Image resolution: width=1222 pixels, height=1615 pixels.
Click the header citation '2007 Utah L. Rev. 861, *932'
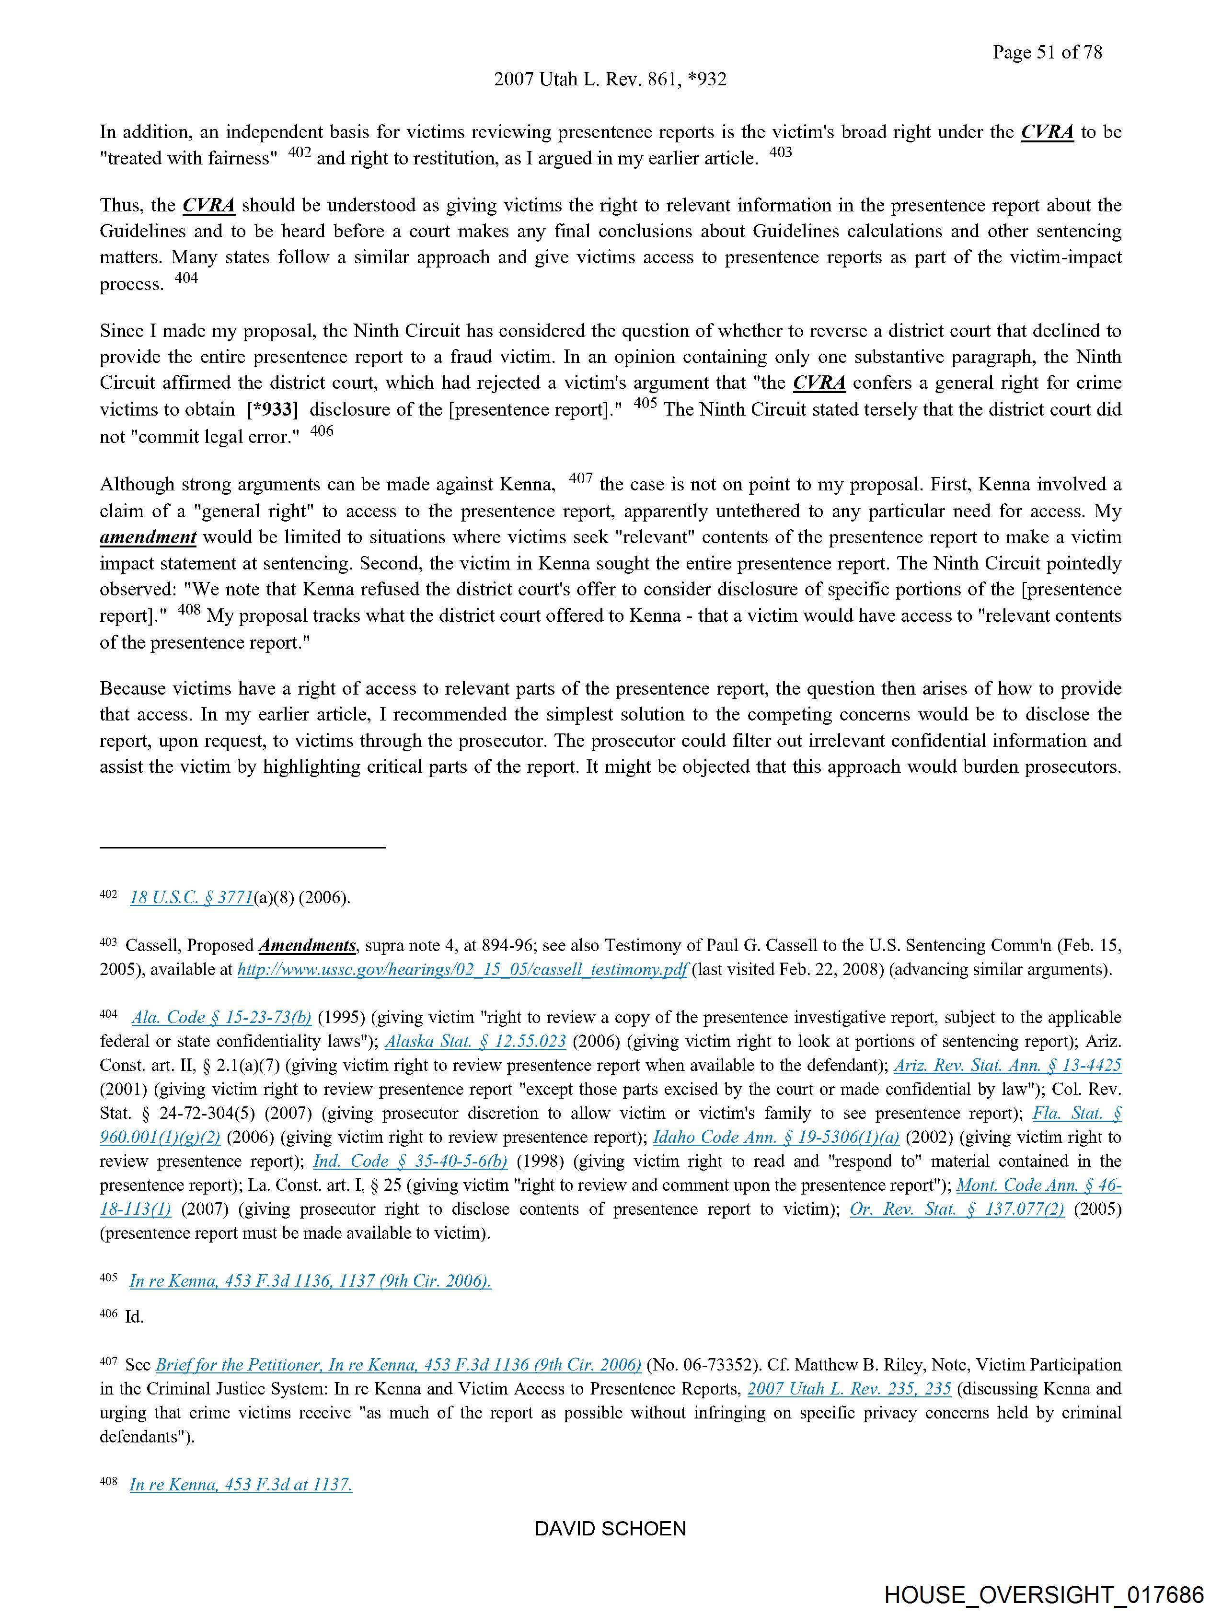click(610, 80)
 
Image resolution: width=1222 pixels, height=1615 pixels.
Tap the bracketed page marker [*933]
click(272, 409)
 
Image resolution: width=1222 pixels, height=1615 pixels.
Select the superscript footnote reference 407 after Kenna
click(580, 479)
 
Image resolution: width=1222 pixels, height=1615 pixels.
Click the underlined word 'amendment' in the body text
click(148, 537)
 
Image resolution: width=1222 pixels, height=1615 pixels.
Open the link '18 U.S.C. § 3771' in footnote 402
click(191, 898)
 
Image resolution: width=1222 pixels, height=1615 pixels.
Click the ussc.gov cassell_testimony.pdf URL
click(462, 970)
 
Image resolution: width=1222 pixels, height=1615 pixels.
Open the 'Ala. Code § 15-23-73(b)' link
click(222, 1018)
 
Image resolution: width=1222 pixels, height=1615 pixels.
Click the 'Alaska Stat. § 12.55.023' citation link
click(475, 1042)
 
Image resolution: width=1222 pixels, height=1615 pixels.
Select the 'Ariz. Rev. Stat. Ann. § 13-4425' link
click(1007, 1066)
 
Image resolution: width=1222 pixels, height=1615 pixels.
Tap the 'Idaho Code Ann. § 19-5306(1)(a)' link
click(775, 1138)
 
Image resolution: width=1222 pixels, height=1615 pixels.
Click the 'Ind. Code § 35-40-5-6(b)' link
click(410, 1162)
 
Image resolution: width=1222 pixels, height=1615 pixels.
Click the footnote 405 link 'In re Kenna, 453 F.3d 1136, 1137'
click(310, 1281)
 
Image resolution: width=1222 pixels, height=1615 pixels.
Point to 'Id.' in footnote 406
click(134, 1317)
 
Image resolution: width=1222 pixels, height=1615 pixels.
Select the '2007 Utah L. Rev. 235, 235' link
click(849, 1389)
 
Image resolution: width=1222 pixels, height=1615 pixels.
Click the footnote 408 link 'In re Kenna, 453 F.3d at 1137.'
click(241, 1485)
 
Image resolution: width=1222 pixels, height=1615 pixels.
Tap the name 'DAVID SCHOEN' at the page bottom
click(610, 1529)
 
